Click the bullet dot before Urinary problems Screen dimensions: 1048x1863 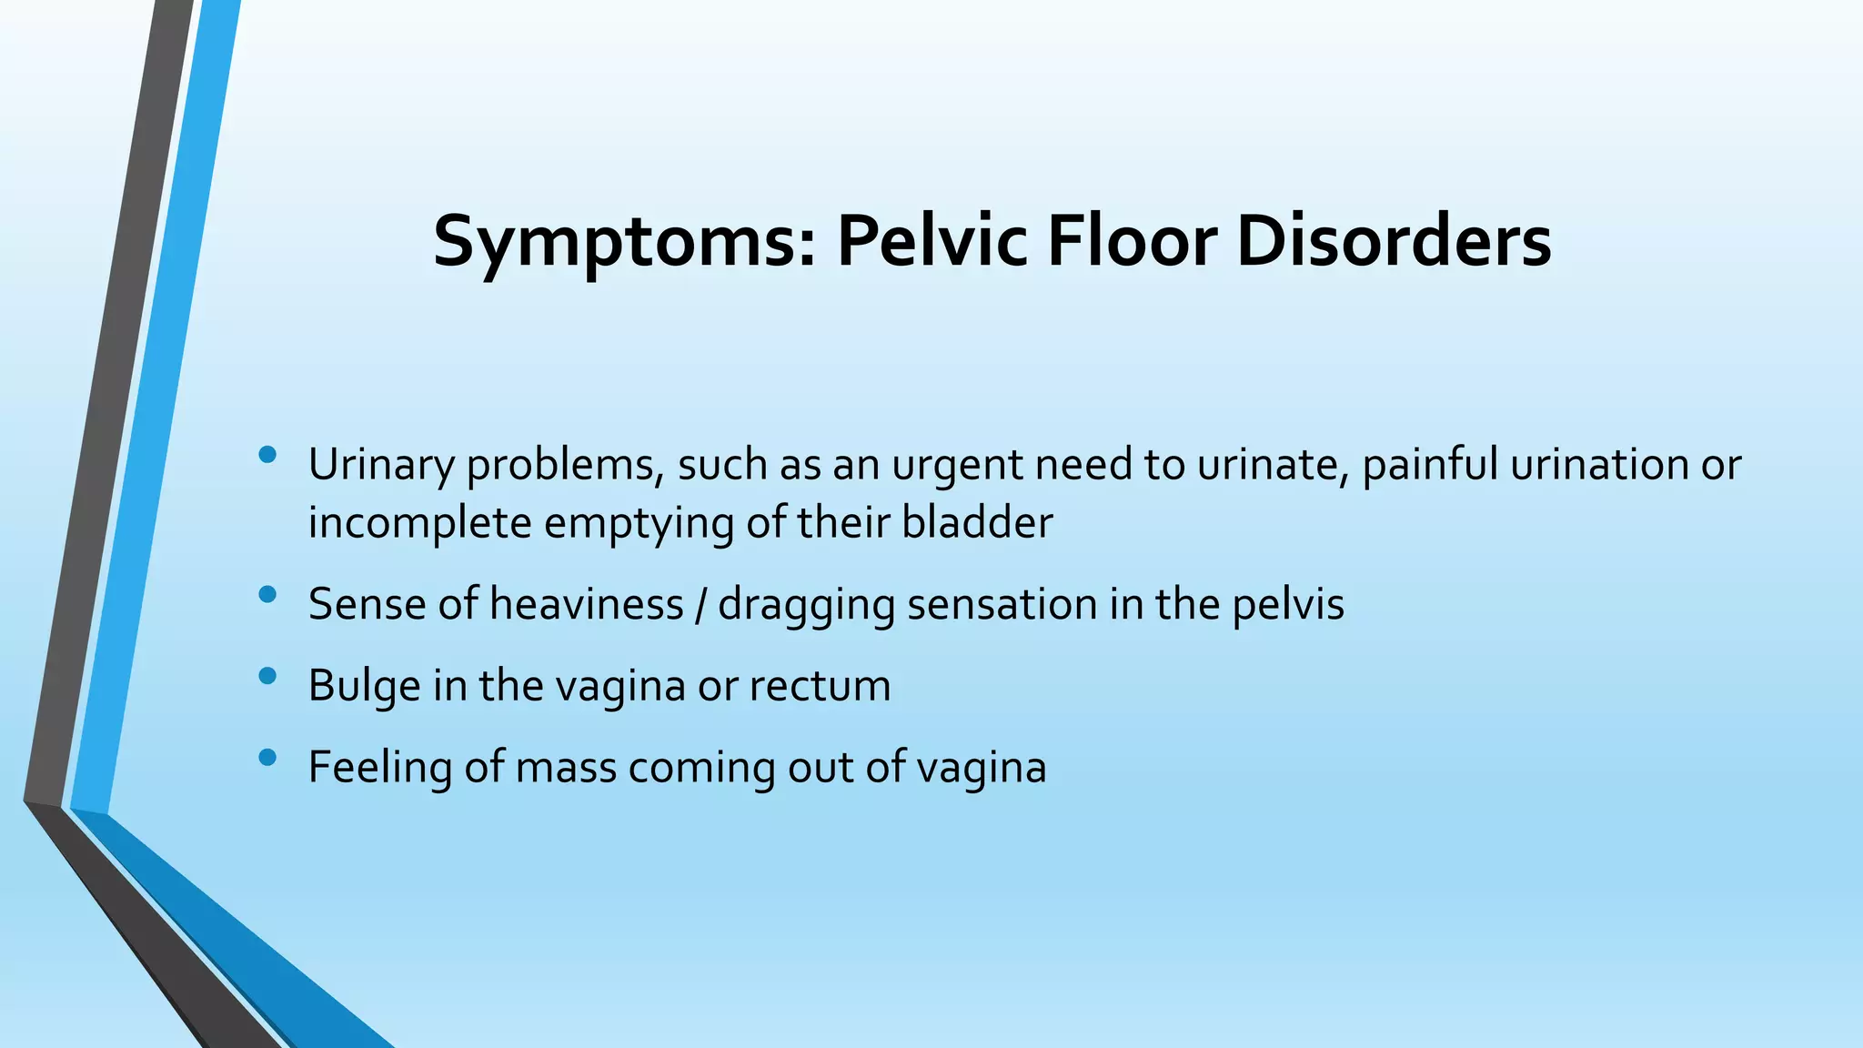[x=267, y=455]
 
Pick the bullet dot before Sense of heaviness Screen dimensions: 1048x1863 [x=267, y=595]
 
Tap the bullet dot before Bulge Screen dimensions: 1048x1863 [x=267, y=676]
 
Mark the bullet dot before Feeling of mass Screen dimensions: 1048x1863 [x=267, y=757]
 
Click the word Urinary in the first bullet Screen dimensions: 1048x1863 [x=381, y=465]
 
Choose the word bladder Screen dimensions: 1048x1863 [x=977, y=523]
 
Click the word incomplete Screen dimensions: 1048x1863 [x=419, y=523]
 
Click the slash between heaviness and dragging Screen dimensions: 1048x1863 [x=700, y=604]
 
